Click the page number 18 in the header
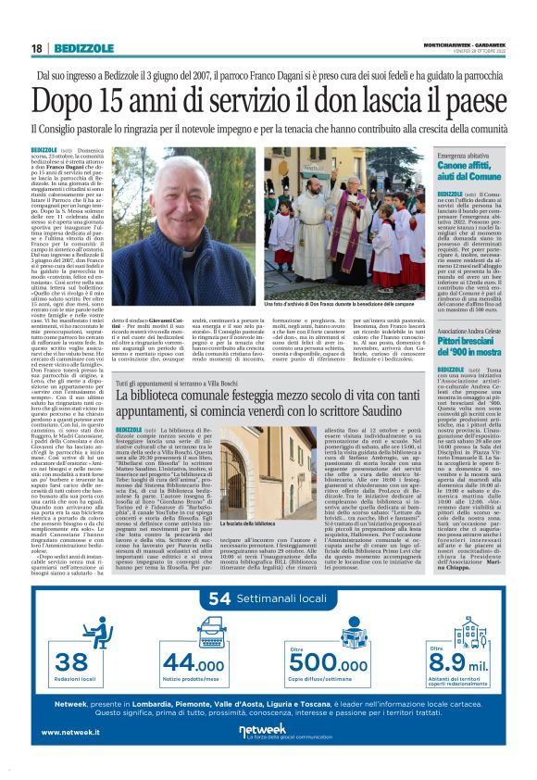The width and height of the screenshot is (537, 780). [x=37, y=48]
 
